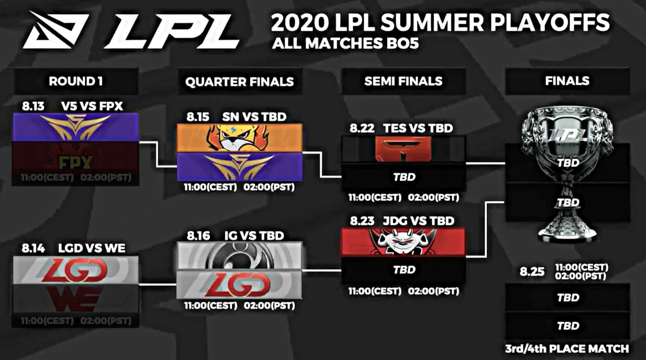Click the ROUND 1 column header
coord(76,81)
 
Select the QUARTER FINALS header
coord(239,82)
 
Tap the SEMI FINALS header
coord(403,81)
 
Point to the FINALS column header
coord(567,81)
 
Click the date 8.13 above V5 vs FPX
coord(33,106)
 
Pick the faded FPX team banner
coord(76,162)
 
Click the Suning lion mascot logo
coord(239,138)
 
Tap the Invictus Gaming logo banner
coord(239,255)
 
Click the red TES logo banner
coord(403,149)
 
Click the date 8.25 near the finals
coord(532,272)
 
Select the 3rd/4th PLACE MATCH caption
coord(567,348)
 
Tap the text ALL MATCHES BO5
coord(345,43)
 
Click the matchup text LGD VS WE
coord(92,248)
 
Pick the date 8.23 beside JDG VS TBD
coord(362,221)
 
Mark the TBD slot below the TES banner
coord(404,177)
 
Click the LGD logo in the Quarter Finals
coord(239,285)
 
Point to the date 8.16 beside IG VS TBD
coord(198,236)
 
